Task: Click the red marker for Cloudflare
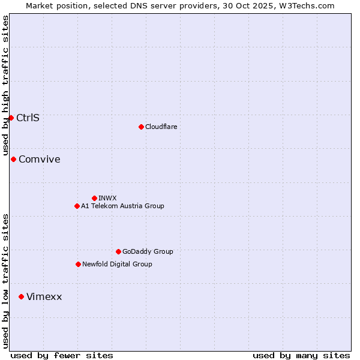pyautogui.click(x=141, y=127)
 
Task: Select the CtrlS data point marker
pyautogui.click(x=11, y=118)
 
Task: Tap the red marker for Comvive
pyautogui.click(x=13, y=159)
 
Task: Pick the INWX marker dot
pyautogui.click(x=94, y=198)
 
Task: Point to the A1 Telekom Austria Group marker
pyautogui.click(x=77, y=206)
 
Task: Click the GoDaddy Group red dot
pyautogui.click(x=118, y=251)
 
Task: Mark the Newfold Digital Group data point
pyautogui.click(x=78, y=264)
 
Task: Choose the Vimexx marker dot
pyautogui.click(x=21, y=296)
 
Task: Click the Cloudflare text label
pyautogui.click(x=161, y=127)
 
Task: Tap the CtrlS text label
pyautogui.click(x=28, y=118)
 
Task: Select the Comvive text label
pyautogui.click(x=40, y=159)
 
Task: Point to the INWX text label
pyautogui.click(x=108, y=198)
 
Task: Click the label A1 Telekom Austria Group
pyautogui.click(x=122, y=206)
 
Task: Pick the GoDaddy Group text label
pyautogui.click(x=148, y=251)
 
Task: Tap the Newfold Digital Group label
pyautogui.click(x=117, y=264)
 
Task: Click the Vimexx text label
pyautogui.click(x=44, y=296)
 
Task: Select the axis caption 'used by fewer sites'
pyautogui.click(x=62, y=355)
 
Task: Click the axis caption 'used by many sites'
pyautogui.click(x=301, y=355)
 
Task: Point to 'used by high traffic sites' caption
pyautogui.click(x=6, y=84)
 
